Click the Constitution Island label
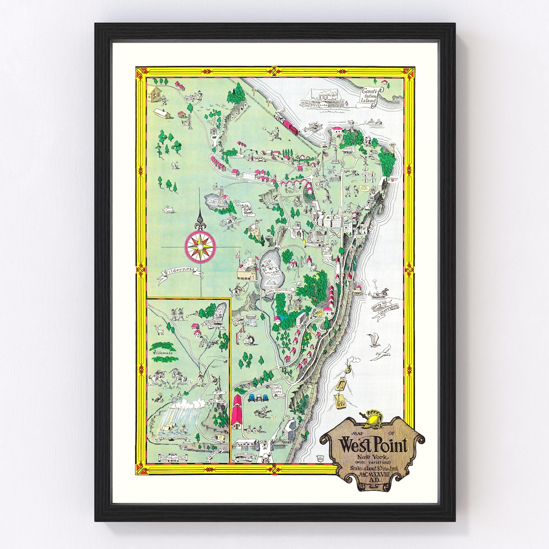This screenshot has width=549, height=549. (370, 96)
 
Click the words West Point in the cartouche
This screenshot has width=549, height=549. (373, 446)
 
